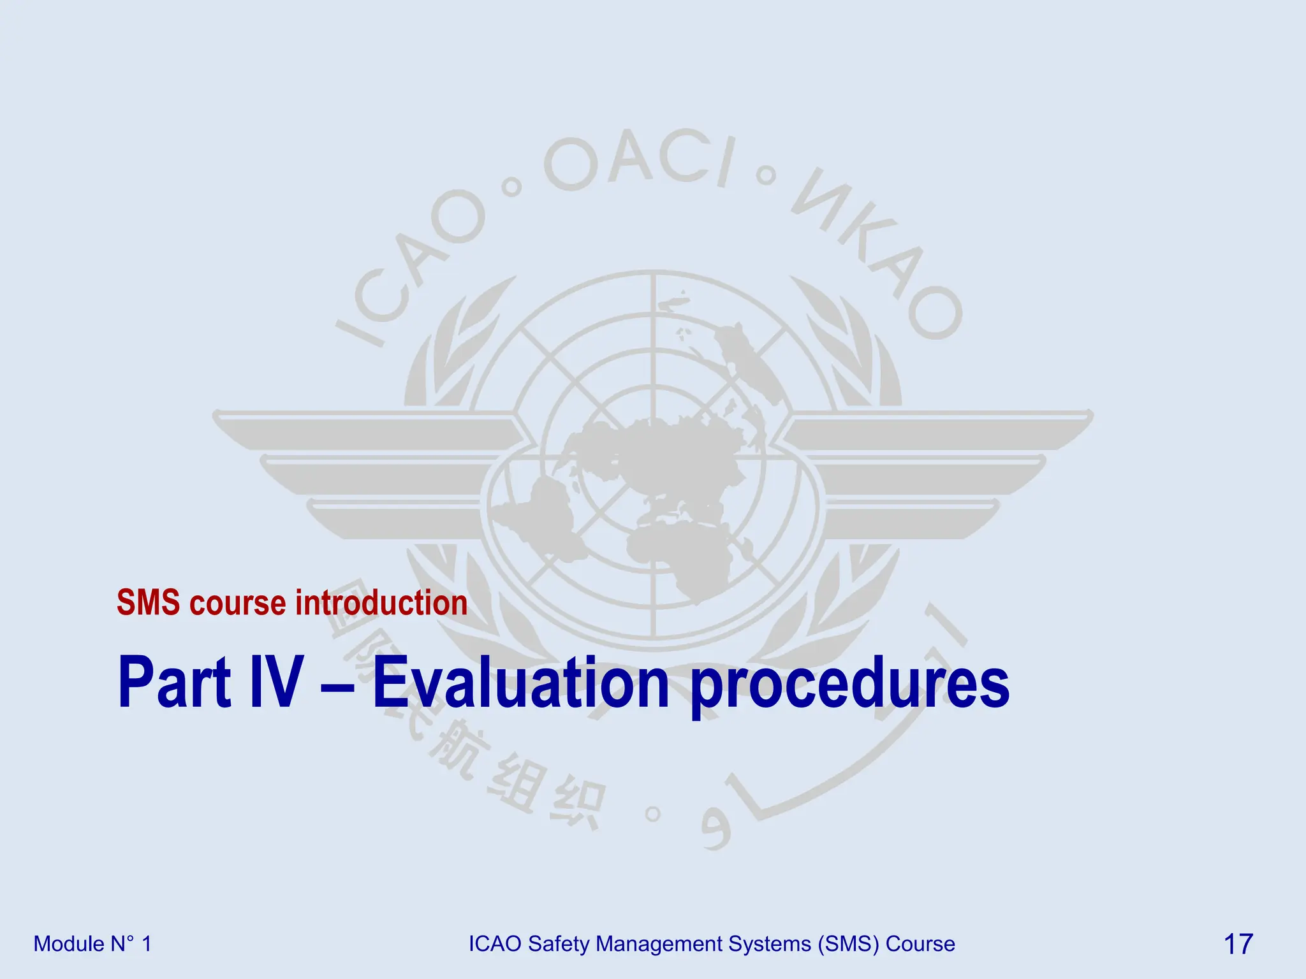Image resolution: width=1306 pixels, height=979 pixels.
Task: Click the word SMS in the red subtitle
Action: (x=148, y=603)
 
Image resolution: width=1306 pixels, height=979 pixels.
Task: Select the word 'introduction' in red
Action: (x=381, y=603)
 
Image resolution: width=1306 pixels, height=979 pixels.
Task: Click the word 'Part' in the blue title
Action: (x=174, y=683)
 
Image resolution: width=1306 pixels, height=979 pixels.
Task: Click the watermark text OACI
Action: (x=638, y=159)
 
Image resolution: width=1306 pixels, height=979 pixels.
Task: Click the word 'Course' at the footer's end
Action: (x=920, y=944)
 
